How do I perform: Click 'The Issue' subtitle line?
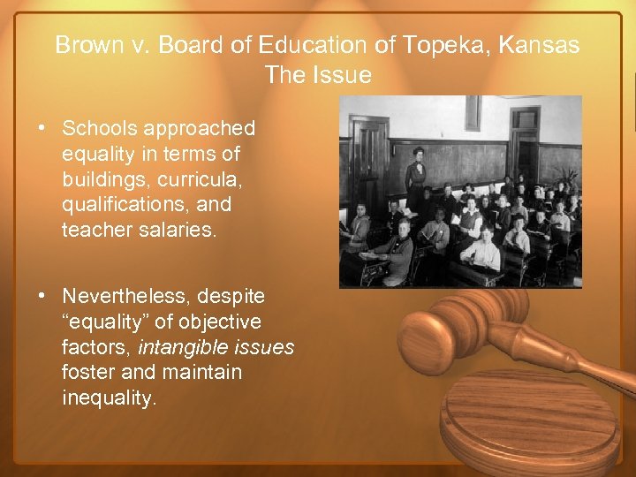point(318,75)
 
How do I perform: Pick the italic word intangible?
point(181,347)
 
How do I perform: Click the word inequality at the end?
point(110,398)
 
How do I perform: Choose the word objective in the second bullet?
point(225,322)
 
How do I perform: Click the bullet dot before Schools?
point(42,129)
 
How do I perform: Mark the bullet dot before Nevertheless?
point(42,296)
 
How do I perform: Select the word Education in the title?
point(323,45)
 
